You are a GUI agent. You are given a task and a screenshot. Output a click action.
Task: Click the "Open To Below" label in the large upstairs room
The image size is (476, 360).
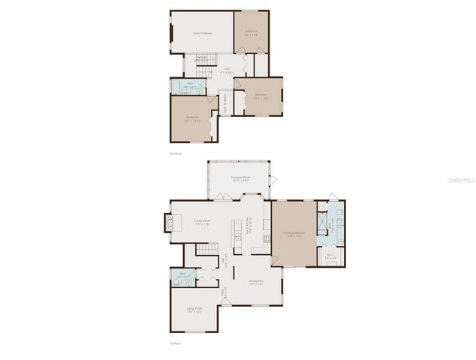pos(202,33)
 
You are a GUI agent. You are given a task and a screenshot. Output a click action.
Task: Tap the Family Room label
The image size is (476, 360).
pos(202,222)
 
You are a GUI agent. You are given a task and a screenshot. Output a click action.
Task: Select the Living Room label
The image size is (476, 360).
pos(195,309)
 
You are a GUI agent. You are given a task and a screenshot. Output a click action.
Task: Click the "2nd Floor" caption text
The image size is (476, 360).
pos(176,153)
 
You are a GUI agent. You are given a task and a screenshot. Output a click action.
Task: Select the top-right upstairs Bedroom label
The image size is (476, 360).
pos(251,33)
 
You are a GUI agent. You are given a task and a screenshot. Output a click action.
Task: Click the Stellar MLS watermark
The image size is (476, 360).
pos(459,181)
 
